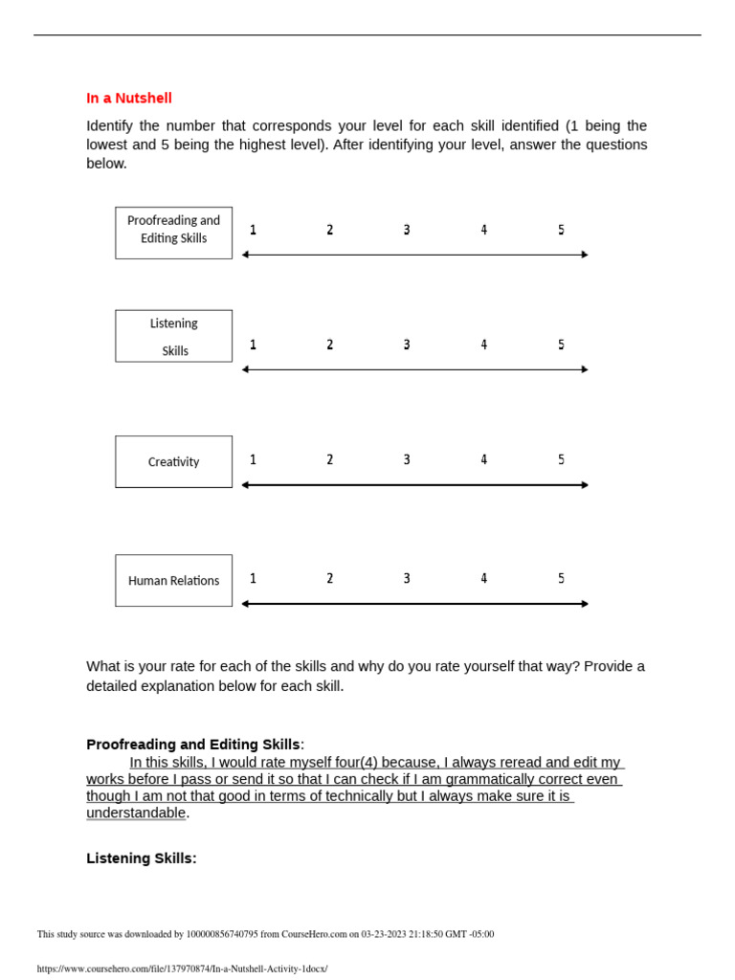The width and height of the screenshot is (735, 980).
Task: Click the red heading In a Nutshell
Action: pos(129,98)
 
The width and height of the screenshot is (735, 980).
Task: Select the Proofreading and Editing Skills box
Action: pos(173,233)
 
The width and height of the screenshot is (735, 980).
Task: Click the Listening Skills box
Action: pos(173,336)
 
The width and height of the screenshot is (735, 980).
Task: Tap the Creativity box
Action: pos(173,462)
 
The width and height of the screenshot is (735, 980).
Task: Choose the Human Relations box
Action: pos(173,581)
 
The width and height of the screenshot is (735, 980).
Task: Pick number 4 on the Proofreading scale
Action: pos(483,230)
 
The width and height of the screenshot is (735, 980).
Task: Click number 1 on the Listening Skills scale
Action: pos(253,345)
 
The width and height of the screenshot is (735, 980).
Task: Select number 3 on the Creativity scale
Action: pos(407,460)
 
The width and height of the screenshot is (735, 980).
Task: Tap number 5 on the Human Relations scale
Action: pos(561,579)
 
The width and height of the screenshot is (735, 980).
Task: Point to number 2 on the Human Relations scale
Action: pos(330,579)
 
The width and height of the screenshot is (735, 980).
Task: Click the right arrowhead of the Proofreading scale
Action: pos(584,255)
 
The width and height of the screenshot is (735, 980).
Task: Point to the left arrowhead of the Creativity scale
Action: pos(246,485)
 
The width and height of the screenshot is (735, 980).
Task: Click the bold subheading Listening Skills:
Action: pos(142,858)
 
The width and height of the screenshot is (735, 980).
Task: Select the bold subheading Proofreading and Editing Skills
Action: pos(193,745)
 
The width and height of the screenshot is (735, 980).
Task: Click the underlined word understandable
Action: pos(136,813)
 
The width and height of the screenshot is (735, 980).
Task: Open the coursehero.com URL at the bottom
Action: pos(182,969)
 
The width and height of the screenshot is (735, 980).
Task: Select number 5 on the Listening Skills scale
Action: pos(561,345)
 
